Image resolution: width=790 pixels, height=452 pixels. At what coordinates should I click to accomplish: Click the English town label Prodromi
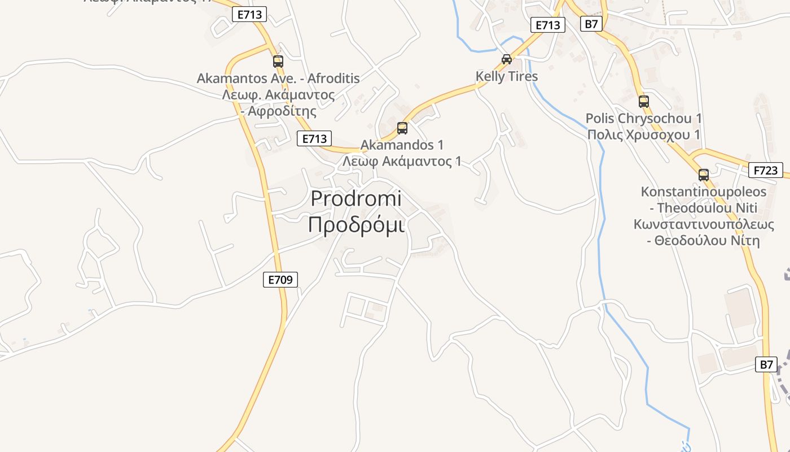tap(356, 199)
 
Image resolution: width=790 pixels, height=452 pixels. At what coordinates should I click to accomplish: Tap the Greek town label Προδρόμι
tap(356, 224)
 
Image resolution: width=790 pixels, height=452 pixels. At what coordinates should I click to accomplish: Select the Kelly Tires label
tap(507, 76)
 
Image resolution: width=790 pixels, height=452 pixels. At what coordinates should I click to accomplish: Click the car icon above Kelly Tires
tap(507, 59)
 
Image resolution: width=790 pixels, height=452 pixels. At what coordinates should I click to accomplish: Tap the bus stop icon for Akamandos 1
tap(402, 128)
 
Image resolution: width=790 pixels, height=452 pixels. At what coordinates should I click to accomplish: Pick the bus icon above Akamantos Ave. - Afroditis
tap(278, 61)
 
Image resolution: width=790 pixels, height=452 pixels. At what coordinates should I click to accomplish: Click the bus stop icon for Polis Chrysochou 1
tap(644, 102)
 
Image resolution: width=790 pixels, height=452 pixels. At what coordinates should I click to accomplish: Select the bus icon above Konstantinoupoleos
tap(704, 175)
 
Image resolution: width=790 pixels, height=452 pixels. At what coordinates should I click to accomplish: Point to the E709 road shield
tap(280, 279)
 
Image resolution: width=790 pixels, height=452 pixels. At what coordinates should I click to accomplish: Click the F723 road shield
tap(766, 170)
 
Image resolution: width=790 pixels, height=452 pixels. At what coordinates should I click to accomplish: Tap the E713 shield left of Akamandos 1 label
tap(314, 138)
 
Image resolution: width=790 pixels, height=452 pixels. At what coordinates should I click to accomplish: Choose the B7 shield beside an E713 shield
tap(591, 24)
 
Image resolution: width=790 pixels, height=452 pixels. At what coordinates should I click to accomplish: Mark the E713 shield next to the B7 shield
tap(548, 25)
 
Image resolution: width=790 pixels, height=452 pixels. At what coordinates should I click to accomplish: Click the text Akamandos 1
tap(402, 145)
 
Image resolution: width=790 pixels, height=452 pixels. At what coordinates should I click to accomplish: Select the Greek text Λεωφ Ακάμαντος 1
tap(402, 162)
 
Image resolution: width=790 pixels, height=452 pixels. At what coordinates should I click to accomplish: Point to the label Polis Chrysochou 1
tap(644, 119)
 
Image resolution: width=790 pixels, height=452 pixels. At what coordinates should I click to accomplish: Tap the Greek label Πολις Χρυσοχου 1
tap(644, 135)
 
